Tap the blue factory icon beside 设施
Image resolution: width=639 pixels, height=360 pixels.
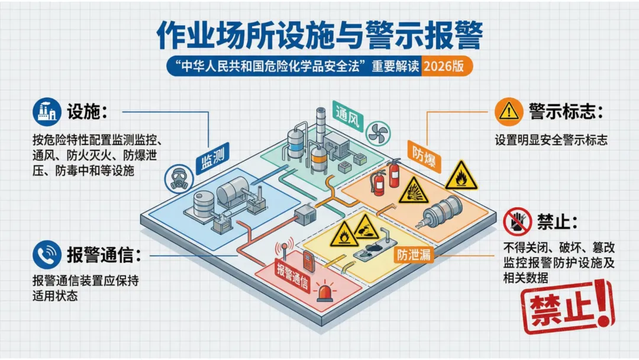47,111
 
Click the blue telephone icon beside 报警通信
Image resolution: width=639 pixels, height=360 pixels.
47,255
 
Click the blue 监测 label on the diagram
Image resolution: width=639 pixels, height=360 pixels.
212,160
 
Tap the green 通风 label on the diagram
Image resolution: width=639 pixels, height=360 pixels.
347,114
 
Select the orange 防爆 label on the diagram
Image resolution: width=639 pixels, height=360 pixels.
421,154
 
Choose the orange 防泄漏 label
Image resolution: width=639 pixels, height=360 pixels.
414,255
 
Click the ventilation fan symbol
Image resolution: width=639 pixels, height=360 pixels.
377,133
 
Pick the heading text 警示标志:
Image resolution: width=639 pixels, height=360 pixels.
566,111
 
